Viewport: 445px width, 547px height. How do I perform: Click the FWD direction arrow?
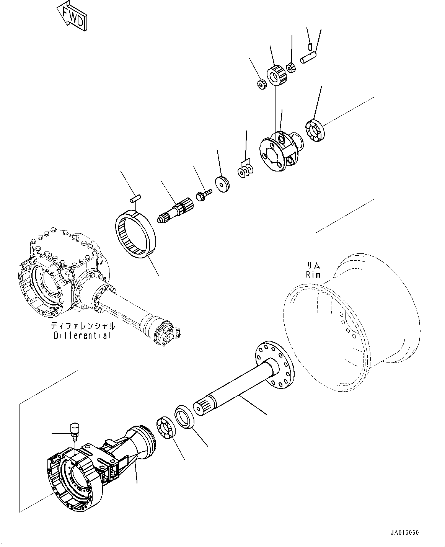point(72,16)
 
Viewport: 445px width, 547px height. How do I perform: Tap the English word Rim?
point(313,274)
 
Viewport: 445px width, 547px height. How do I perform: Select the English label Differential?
point(83,335)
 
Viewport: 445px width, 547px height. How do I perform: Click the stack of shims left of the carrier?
point(245,170)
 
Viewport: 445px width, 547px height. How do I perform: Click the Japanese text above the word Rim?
point(313,265)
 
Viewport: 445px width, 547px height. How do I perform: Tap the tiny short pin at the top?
point(310,47)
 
